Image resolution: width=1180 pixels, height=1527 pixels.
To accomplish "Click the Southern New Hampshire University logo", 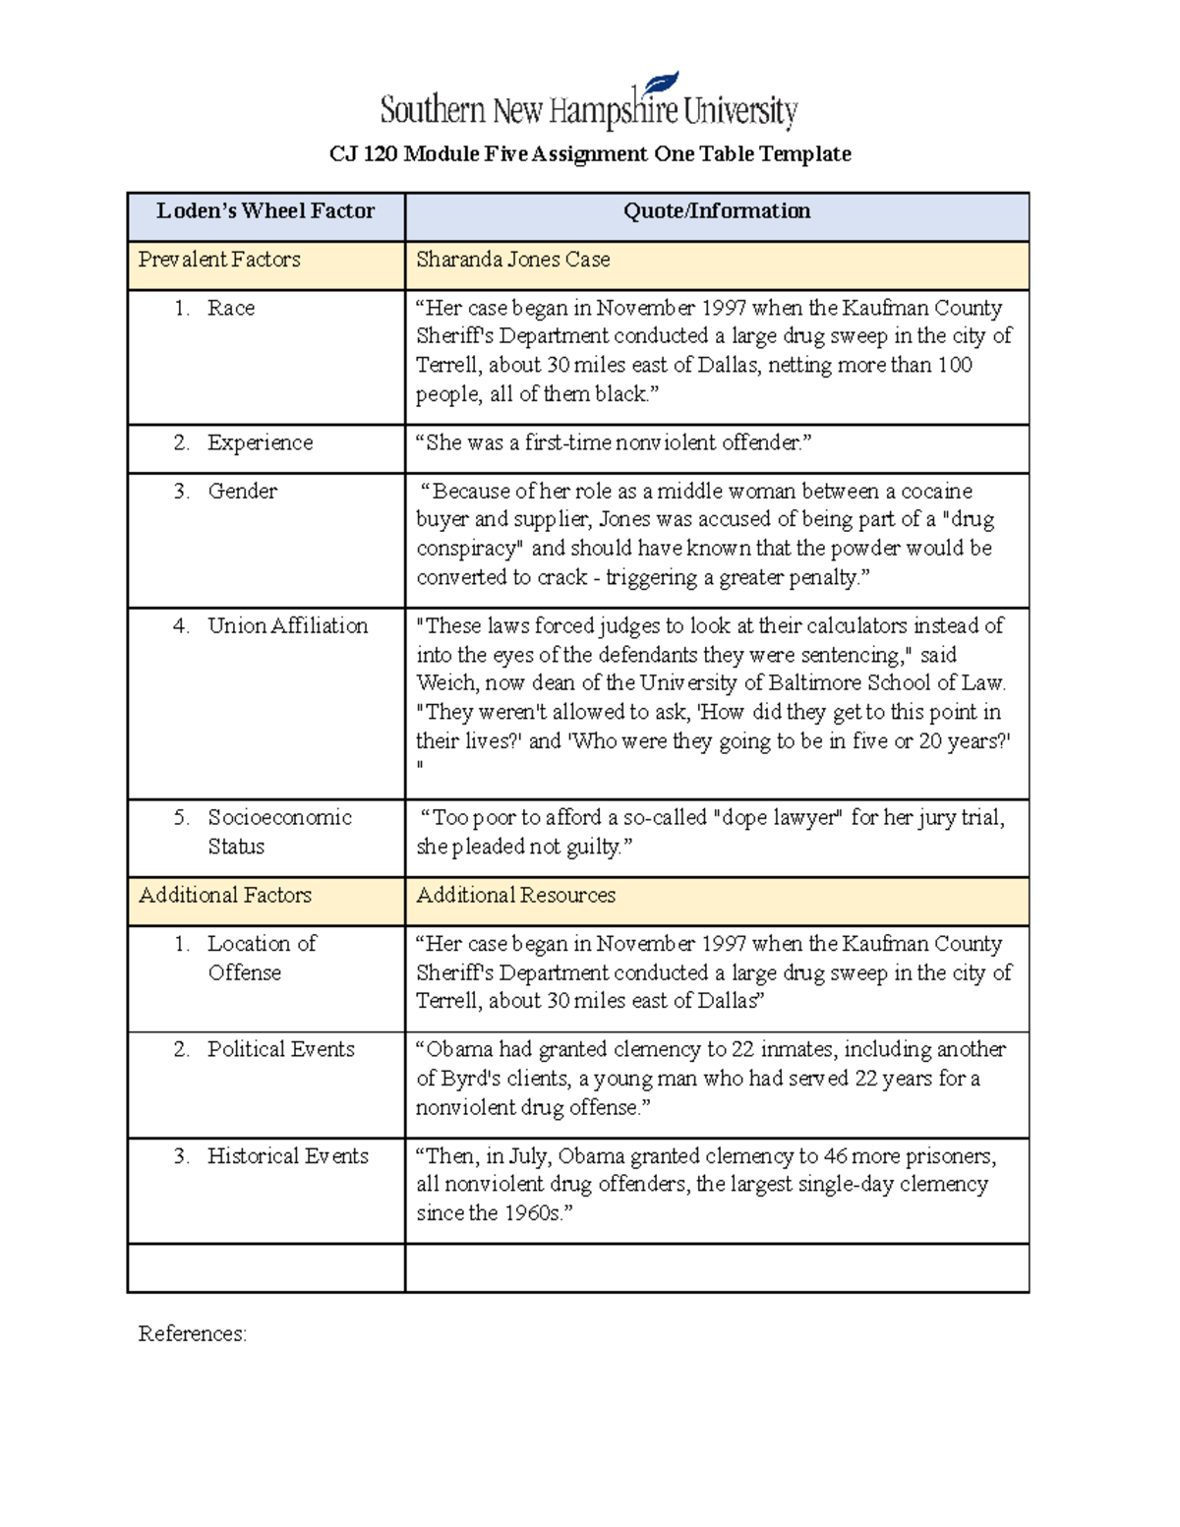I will pos(588,104).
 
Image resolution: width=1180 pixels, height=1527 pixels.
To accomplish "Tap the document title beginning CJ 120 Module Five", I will pos(590,153).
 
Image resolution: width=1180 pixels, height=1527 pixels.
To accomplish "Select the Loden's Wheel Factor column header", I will pos(265,210).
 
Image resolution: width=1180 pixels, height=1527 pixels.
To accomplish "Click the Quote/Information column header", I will pos(717,210).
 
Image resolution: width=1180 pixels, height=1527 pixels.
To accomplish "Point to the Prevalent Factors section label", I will pos(219,260).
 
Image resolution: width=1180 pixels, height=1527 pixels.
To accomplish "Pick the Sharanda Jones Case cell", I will pos(512,260).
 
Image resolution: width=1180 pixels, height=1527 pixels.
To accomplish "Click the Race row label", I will pos(231,308).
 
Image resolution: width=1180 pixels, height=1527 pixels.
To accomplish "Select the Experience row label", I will pos(260,442).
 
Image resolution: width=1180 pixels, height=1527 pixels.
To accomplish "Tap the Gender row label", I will pos(242,491).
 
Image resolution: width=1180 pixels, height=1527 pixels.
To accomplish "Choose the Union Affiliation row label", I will pos(287,625).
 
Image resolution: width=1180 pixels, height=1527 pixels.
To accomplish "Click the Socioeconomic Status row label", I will pos(279,831).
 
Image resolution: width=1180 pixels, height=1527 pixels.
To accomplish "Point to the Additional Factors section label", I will pos(225,895).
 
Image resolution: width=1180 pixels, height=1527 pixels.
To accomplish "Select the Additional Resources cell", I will pos(515,895).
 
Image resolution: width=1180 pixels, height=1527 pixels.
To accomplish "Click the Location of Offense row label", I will pos(261,957).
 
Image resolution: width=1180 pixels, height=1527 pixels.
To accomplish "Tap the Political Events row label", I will pos(280,1049).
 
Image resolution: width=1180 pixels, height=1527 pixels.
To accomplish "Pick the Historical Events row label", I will pos(287,1156).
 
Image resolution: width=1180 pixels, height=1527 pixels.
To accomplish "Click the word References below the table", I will pos(192,1333).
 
